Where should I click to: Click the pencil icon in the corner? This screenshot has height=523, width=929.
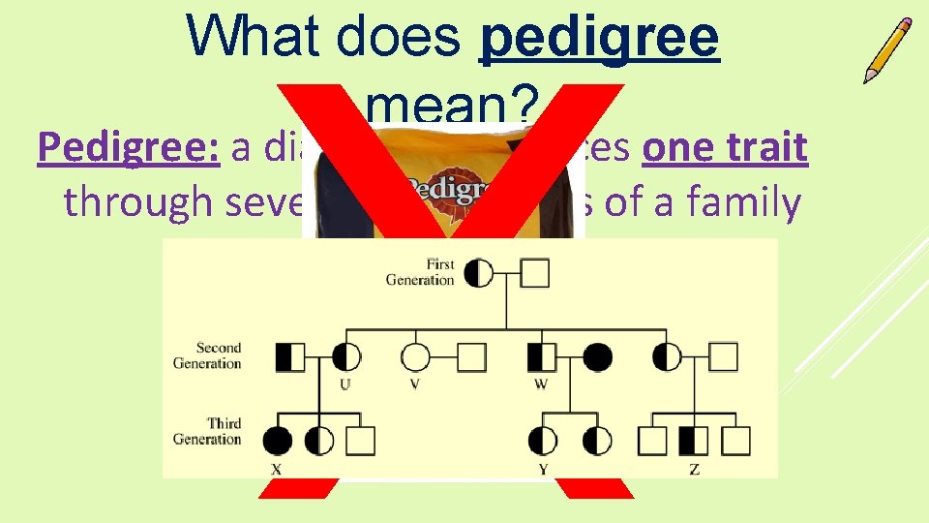pos(888,49)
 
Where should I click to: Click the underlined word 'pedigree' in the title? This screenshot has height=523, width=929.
pos(600,39)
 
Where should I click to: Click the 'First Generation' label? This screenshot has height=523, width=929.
pos(421,272)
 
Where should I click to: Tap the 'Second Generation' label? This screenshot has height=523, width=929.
pos(206,355)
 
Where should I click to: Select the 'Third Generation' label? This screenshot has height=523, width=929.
pos(206,431)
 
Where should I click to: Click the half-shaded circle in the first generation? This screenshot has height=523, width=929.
pos(479,273)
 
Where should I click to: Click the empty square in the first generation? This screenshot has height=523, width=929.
pos(535,273)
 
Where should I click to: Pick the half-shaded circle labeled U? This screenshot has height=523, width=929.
pos(347,357)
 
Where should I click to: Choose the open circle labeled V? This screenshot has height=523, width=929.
pos(415,357)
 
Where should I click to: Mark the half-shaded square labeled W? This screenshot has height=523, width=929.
pos(542,357)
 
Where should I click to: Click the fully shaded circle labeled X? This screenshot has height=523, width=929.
pos(278,442)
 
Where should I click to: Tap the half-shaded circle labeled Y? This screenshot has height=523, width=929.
pos(543,442)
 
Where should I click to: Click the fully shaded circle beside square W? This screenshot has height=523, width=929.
pos(597,357)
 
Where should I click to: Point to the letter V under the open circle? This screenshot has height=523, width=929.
pos(415,385)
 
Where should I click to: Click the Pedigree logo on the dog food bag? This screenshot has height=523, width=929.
pos(445,188)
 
